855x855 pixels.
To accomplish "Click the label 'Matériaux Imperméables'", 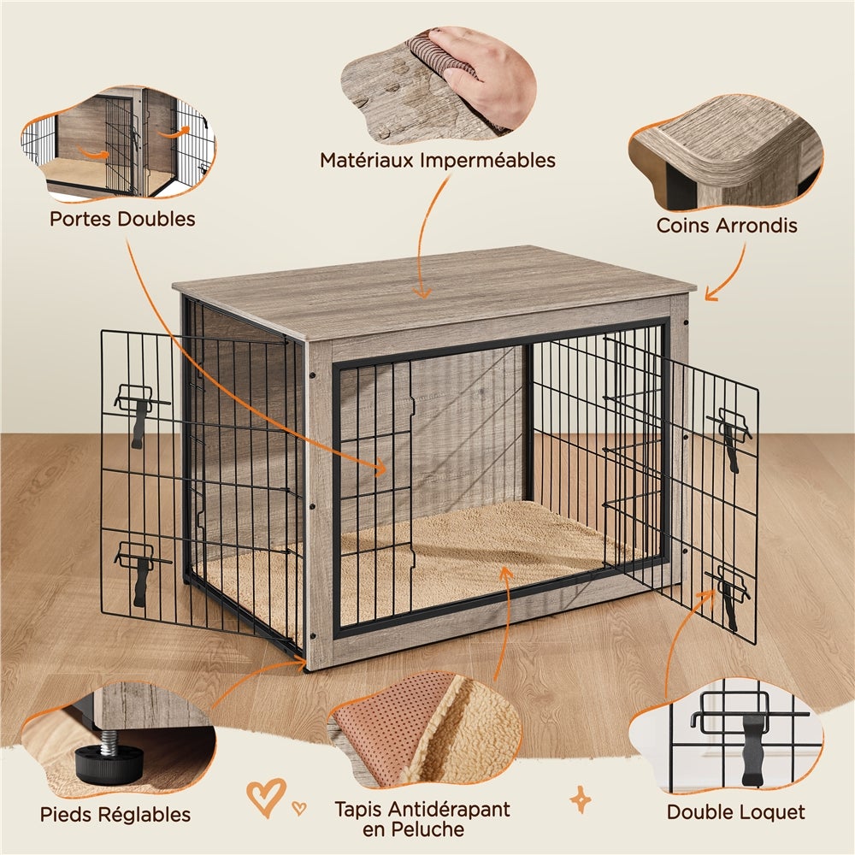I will pyautogui.click(x=438, y=160).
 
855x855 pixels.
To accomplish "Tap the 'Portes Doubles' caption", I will pyautogui.click(x=122, y=219).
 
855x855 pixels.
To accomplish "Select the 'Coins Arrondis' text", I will pyautogui.click(x=727, y=226).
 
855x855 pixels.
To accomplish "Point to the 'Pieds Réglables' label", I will pyautogui.click(x=115, y=814).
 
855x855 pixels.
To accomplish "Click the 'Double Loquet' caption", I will pyautogui.click(x=736, y=811).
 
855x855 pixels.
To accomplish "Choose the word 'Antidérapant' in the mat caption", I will pyautogui.click(x=457, y=809).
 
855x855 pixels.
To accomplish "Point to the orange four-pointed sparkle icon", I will pyautogui.click(x=581, y=799).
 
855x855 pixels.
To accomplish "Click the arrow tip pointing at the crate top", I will pyautogui.click(x=421, y=294).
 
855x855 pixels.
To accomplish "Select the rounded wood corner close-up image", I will pyautogui.click(x=727, y=154).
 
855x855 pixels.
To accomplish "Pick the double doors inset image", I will pyautogui.click(x=120, y=145).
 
